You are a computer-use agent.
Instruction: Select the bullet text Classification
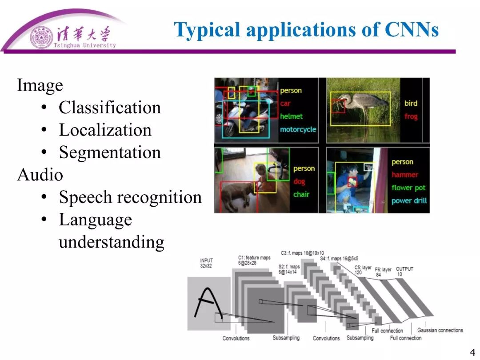[110, 108]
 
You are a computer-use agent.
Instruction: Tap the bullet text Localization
[105, 130]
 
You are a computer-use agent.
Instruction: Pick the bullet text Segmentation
[110, 152]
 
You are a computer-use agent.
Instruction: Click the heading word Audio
[40, 175]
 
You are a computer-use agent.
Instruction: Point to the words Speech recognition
[130, 197]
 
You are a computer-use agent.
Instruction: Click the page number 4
[472, 353]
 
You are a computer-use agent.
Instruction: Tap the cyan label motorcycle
[298, 129]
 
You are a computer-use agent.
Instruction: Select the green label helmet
[291, 116]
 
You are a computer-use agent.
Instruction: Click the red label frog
[411, 116]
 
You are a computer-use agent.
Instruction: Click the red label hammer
[404, 175]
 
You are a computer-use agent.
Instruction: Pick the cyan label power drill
[409, 200]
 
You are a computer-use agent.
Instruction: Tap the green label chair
[301, 194]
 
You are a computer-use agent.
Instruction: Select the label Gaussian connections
[440, 330]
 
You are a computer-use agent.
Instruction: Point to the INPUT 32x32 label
[207, 263]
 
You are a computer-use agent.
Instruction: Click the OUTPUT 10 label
[404, 271]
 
